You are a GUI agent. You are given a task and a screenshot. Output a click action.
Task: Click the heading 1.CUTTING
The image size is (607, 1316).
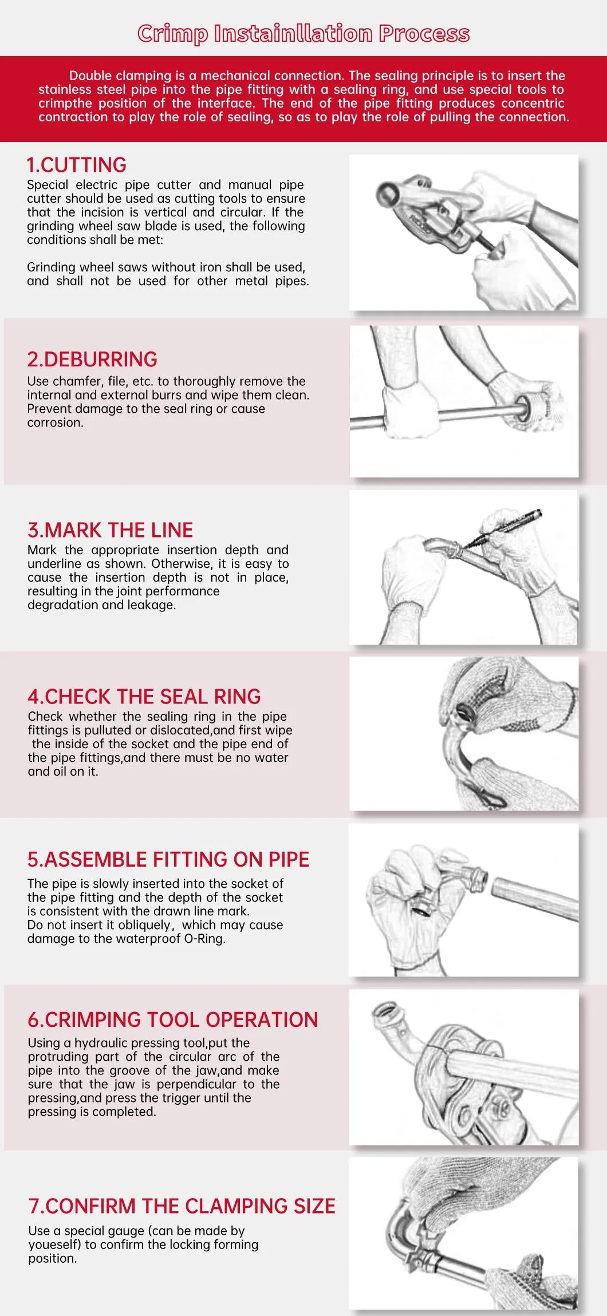[76, 165]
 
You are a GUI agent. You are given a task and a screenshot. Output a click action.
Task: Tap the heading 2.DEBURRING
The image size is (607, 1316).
[92, 359]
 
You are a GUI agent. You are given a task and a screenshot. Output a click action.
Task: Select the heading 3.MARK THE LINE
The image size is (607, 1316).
[111, 530]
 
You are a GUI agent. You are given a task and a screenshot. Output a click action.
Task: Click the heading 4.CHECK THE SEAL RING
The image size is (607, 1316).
[144, 697]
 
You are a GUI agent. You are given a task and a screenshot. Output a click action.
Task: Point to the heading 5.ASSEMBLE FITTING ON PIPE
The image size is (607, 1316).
[168, 860]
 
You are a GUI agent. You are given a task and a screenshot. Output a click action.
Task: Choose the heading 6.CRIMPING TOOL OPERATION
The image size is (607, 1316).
[173, 1020]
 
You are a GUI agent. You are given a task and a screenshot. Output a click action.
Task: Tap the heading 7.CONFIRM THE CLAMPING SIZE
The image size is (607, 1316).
[182, 1206]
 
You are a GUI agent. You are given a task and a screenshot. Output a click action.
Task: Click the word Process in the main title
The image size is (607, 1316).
[424, 34]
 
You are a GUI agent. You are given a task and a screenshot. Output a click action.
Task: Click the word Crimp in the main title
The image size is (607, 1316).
[173, 34]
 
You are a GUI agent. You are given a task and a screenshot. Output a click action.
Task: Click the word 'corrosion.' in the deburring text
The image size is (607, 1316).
[56, 423]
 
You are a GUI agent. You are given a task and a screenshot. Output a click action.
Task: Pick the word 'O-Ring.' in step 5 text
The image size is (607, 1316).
[204, 939]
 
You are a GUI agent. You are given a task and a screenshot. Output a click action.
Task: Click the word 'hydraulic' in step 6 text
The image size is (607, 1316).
[100, 1043]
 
